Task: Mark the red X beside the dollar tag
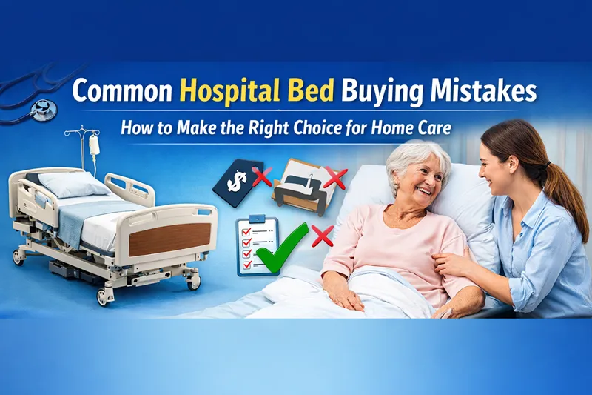click(260, 176)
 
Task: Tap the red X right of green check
click(321, 236)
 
